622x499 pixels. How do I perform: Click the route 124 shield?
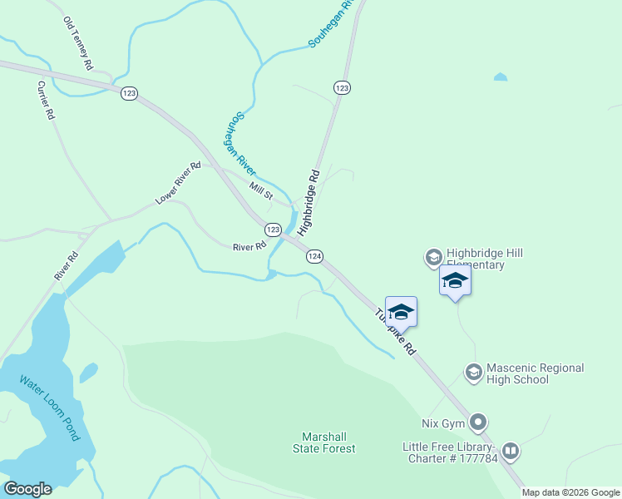(x=314, y=256)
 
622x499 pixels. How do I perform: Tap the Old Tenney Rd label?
(x=77, y=42)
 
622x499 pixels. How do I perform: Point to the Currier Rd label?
(x=46, y=101)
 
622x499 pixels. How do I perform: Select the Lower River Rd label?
(x=178, y=184)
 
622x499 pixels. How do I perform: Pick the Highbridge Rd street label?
(x=309, y=200)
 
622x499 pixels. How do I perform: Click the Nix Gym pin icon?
(x=478, y=423)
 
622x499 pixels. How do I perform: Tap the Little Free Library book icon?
(x=510, y=452)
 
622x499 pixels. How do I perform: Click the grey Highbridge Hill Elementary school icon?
(x=432, y=258)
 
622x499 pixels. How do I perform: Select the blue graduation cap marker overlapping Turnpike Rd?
(x=401, y=313)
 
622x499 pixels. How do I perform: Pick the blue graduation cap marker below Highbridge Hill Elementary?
(x=455, y=280)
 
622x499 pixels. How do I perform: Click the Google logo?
(x=27, y=489)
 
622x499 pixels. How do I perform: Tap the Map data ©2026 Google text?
(x=570, y=492)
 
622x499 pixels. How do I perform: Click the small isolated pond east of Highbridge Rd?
(x=500, y=77)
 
